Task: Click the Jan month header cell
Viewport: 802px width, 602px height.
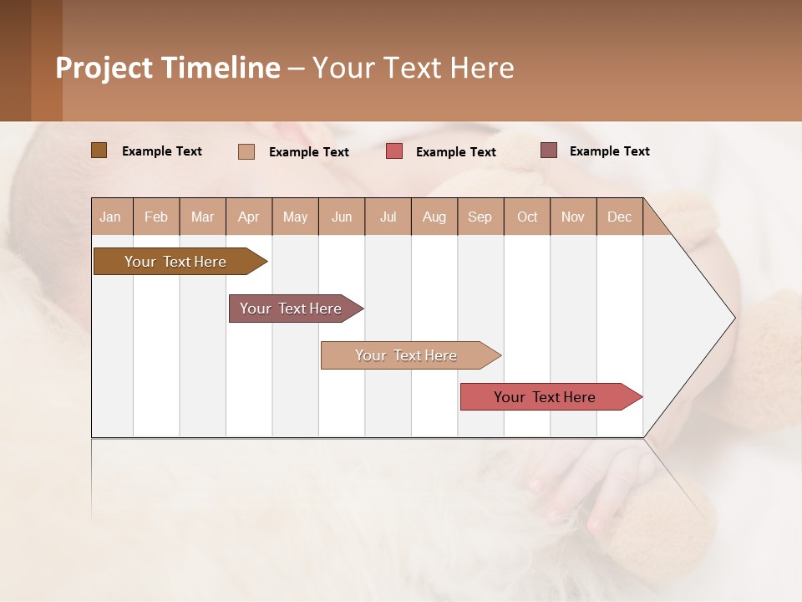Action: point(111,217)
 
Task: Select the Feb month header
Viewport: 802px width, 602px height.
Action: point(156,217)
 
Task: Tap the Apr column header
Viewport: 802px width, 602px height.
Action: point(249,217)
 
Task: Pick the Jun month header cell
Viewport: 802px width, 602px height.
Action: point(342,217)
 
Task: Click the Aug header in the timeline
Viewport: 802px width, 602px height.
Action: point(434,217)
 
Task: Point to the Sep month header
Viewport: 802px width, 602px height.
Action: point(480,217)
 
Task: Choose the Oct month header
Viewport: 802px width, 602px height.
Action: point(527,217)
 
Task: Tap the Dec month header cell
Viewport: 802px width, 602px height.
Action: point(620,217)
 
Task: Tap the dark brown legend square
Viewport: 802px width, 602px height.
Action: point(99,150)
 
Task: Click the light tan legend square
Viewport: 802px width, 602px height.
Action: point(246,151)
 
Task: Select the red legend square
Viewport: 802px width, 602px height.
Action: point(394,151)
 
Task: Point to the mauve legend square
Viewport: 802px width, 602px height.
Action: point(548,150)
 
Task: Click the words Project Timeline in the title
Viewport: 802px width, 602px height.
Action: point(168,68)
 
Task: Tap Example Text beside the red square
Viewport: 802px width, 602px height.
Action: point(456,152)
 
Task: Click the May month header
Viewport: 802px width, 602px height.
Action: point(295,217)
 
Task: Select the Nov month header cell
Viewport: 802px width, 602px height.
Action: point(573,217)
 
